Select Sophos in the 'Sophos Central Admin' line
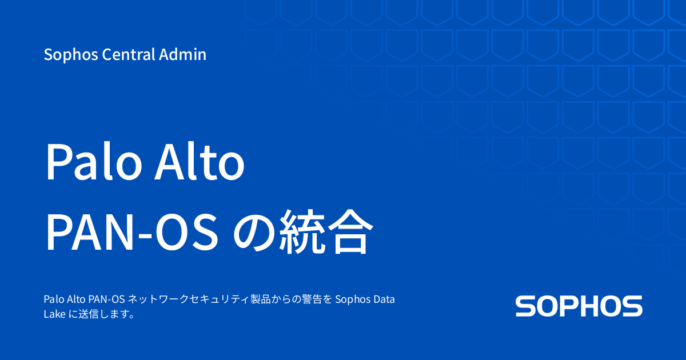(66, 55)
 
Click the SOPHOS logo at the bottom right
(579, 306)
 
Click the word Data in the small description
(383, 299)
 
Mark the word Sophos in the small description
(352, 299)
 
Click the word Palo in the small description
(53, 299)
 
